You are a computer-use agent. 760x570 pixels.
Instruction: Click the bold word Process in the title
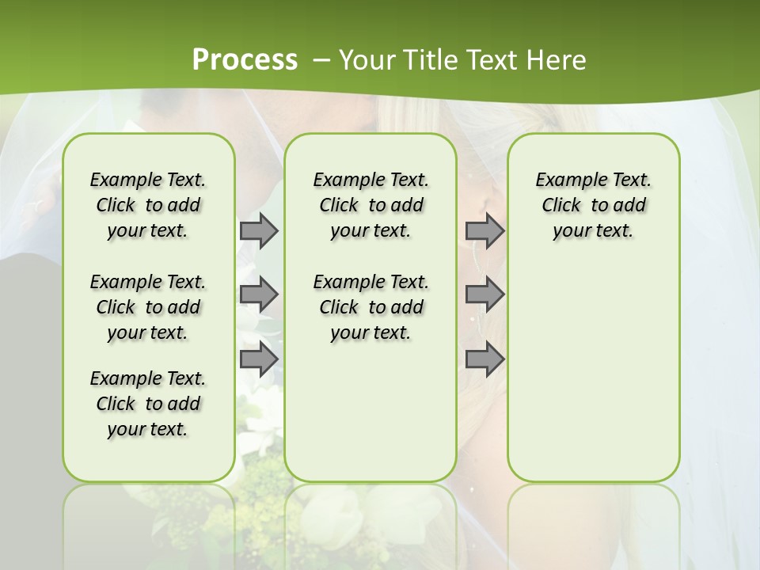pos(245,60)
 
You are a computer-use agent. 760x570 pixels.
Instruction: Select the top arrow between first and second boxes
pos(258,230)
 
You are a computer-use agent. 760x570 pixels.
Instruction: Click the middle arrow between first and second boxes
pos(258,294)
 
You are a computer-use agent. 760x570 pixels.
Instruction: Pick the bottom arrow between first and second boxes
pos(258,359)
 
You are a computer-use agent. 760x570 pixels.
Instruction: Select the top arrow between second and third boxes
pos(484,230)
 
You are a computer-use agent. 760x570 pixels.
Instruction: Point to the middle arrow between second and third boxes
pos(484,294)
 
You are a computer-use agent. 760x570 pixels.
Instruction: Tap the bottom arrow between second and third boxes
pos(484,359)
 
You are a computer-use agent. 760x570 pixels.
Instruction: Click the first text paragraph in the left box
pos(148,205)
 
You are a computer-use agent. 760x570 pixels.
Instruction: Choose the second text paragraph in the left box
pos(148,307)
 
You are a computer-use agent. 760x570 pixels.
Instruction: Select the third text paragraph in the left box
pos(148,404)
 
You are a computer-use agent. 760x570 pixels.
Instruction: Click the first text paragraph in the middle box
pos(370,205)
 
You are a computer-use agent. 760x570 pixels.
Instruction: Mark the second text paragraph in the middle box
pos(370,307)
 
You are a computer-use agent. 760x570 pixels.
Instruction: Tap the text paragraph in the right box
pos(593,205)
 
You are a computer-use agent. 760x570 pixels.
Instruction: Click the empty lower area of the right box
pos(593,372)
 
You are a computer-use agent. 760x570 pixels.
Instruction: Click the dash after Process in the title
pos(321,60)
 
